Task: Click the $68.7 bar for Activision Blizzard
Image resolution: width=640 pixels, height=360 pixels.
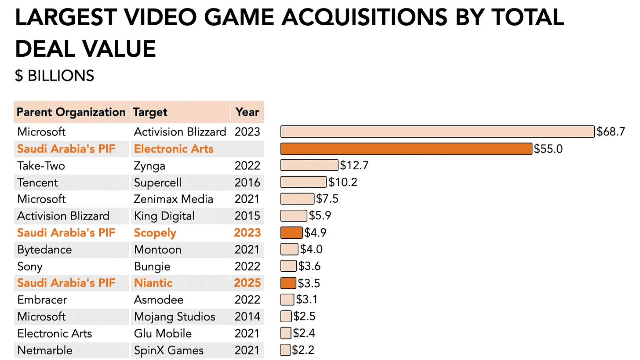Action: coord(437,132)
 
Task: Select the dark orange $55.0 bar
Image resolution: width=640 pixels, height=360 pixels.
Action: coord(406,149)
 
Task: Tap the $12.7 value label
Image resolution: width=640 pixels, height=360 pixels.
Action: coord(354,165)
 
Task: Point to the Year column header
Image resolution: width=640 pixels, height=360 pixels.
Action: coord(247,112)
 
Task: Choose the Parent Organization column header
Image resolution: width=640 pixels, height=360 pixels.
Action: coord(71,112)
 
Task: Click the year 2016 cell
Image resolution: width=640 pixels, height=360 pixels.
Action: coord(247,183)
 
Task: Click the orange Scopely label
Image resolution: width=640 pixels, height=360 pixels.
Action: coord(155,233)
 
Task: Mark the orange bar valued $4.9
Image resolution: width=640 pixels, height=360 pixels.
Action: coord(291,233)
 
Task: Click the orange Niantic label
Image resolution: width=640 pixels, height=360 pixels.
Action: coord(153,283)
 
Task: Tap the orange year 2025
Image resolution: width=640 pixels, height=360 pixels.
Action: coord(247,283)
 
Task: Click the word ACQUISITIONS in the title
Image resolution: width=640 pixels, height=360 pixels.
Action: coord(364,17)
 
